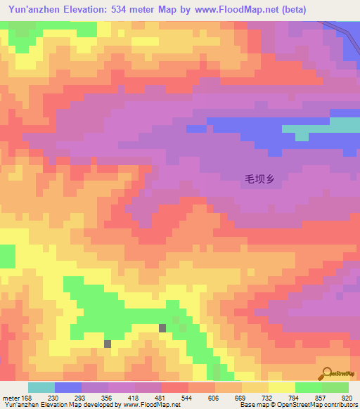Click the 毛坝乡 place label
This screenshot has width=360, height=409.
[258, 179]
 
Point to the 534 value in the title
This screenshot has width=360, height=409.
[134, 10]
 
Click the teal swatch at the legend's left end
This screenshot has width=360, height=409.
[41, 387]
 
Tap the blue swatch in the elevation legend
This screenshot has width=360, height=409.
[68, 387]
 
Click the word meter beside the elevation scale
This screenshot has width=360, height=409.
[11, 398]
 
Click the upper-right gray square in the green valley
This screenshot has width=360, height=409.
[162, 327]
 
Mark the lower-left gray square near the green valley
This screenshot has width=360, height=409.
[108, 344]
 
